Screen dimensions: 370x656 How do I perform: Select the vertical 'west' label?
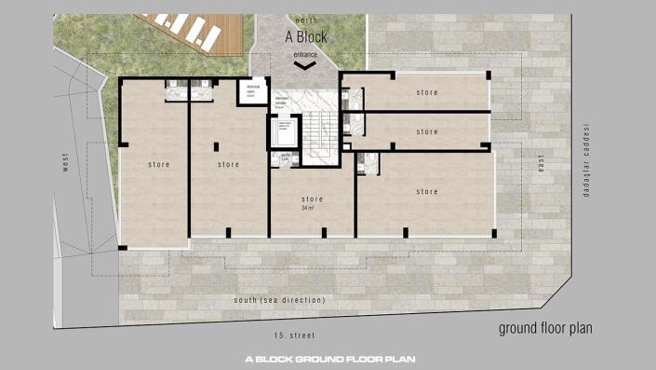tap(66, 164)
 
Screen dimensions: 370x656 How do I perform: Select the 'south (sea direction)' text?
tap(279, 300)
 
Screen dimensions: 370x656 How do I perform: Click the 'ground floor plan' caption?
tap(545, 328)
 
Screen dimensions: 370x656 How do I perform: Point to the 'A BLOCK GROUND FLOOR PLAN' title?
tap(329, 359)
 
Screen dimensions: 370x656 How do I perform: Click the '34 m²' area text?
tap(309, 209)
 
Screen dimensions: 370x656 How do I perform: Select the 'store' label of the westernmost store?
tap(157, 164)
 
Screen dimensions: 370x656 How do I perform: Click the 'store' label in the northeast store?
tap(426, 92)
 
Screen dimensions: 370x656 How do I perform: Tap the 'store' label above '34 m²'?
tap(311, 199)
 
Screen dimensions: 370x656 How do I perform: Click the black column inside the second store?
tap(216, 146)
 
